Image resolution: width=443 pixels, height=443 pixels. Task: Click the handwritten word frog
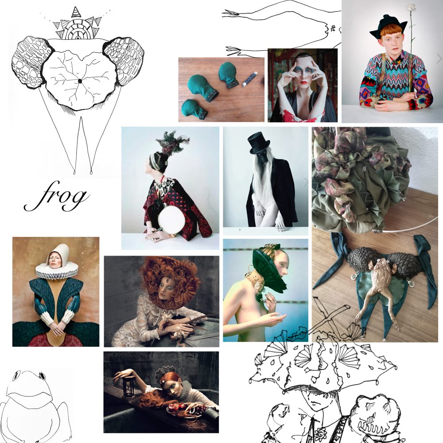(57, 196)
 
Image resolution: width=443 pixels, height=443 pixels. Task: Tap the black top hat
(259, 143)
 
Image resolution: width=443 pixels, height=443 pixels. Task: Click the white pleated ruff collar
(57, 270)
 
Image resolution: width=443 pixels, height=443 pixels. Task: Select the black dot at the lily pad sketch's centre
(80, 81)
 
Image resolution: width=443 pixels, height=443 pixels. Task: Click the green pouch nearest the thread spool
(228, 74)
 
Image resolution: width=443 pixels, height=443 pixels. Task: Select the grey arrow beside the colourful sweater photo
(439, 58)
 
